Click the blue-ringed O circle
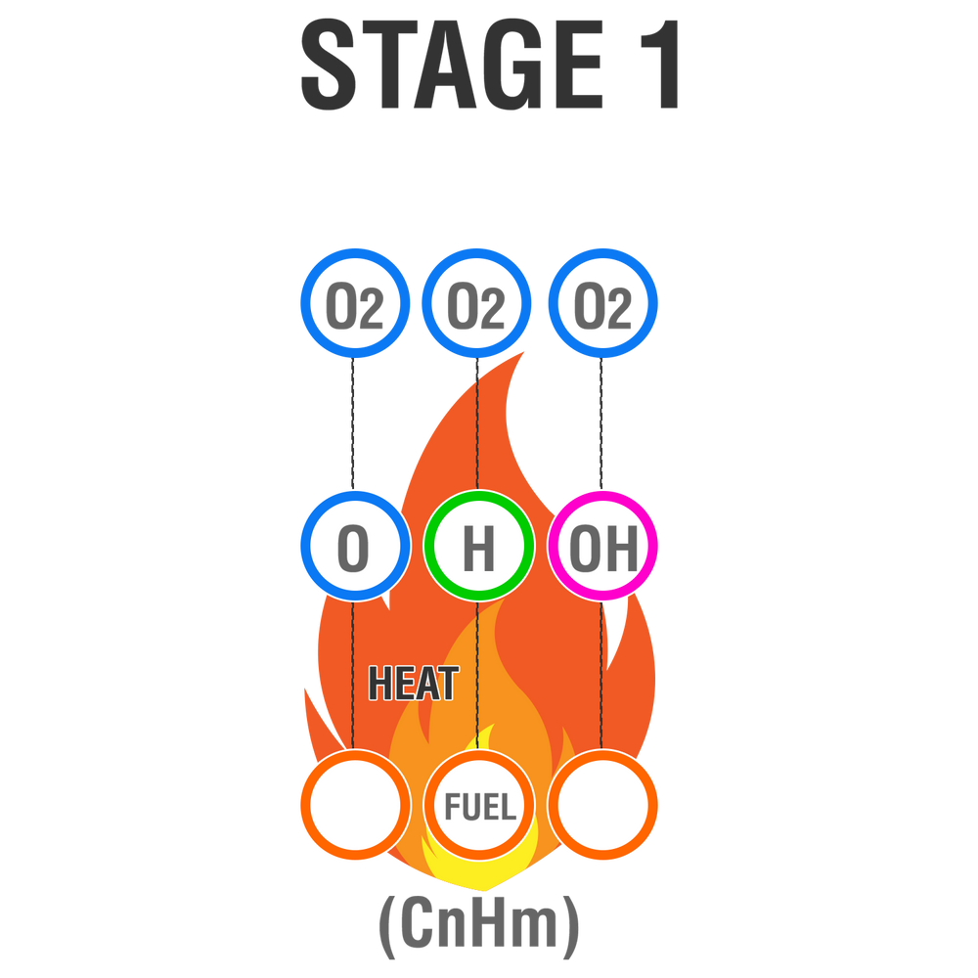coord(353,549)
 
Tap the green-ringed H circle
coord(477,549)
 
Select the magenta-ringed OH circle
coord(603,549)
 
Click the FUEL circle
coord(479,807)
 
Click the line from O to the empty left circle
coord(352,675)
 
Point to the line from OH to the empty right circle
coord(601,675)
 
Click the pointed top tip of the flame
coord(525,352)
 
